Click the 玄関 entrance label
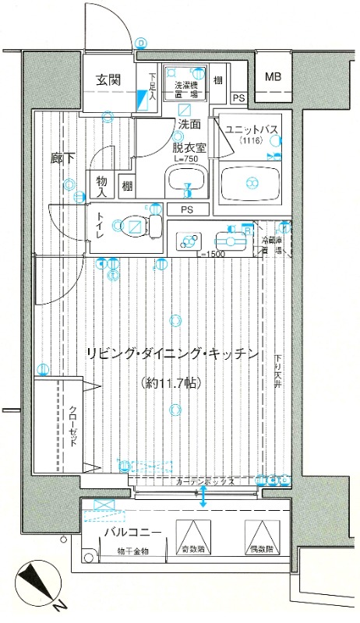pyautogui.click(x=108, y=79)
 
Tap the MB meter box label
pyautogui.click(x=272, y=76)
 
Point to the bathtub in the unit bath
pyautogui.click(x=251, y=184)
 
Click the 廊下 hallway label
pyautogui.click(x=63, y=158)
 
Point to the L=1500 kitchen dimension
pyautogui.click(x=212, y=255)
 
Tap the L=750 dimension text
pyautogui.click(x=187, y=159)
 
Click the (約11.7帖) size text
pyautogui.click(x=174, y=382)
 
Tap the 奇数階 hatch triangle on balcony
pyautogui.click(x=190, y=533)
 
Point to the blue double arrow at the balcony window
pyautogui.click(x=204, y=497)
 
